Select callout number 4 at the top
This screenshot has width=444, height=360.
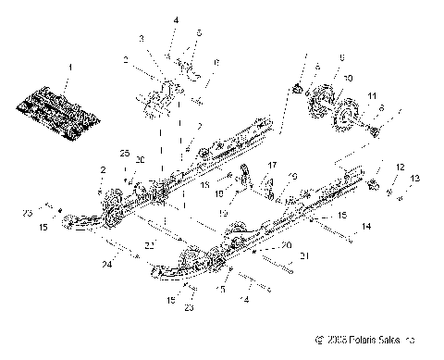(177, 19)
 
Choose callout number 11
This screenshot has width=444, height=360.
(372, 96)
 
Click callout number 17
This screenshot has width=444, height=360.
(273, 165)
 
